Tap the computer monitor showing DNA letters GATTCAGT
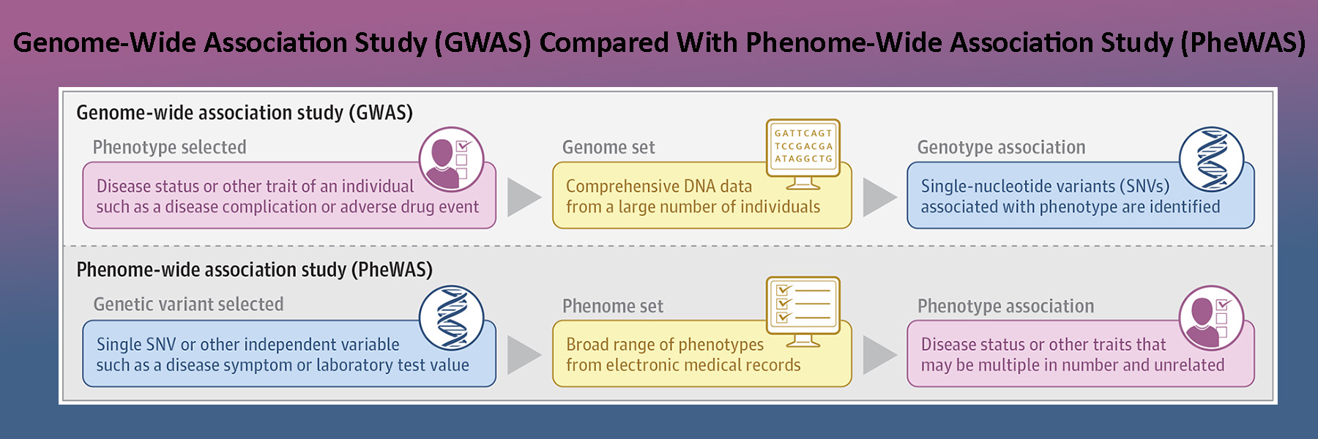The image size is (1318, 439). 803,150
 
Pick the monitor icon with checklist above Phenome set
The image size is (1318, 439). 803,309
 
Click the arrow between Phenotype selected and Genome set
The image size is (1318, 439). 523,197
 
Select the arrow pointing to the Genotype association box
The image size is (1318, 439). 879,197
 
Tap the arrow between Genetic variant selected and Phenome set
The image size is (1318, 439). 523,355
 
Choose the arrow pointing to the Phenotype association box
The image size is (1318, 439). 879,355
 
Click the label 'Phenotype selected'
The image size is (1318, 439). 169,147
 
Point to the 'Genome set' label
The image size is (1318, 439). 608,147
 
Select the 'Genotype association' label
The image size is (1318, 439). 1001,147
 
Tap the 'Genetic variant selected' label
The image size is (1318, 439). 188,304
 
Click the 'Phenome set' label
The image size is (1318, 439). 613,306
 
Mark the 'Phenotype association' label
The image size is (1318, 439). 1005,306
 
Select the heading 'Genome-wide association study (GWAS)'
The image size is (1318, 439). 245,113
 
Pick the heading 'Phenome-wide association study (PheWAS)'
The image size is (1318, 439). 254,270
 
